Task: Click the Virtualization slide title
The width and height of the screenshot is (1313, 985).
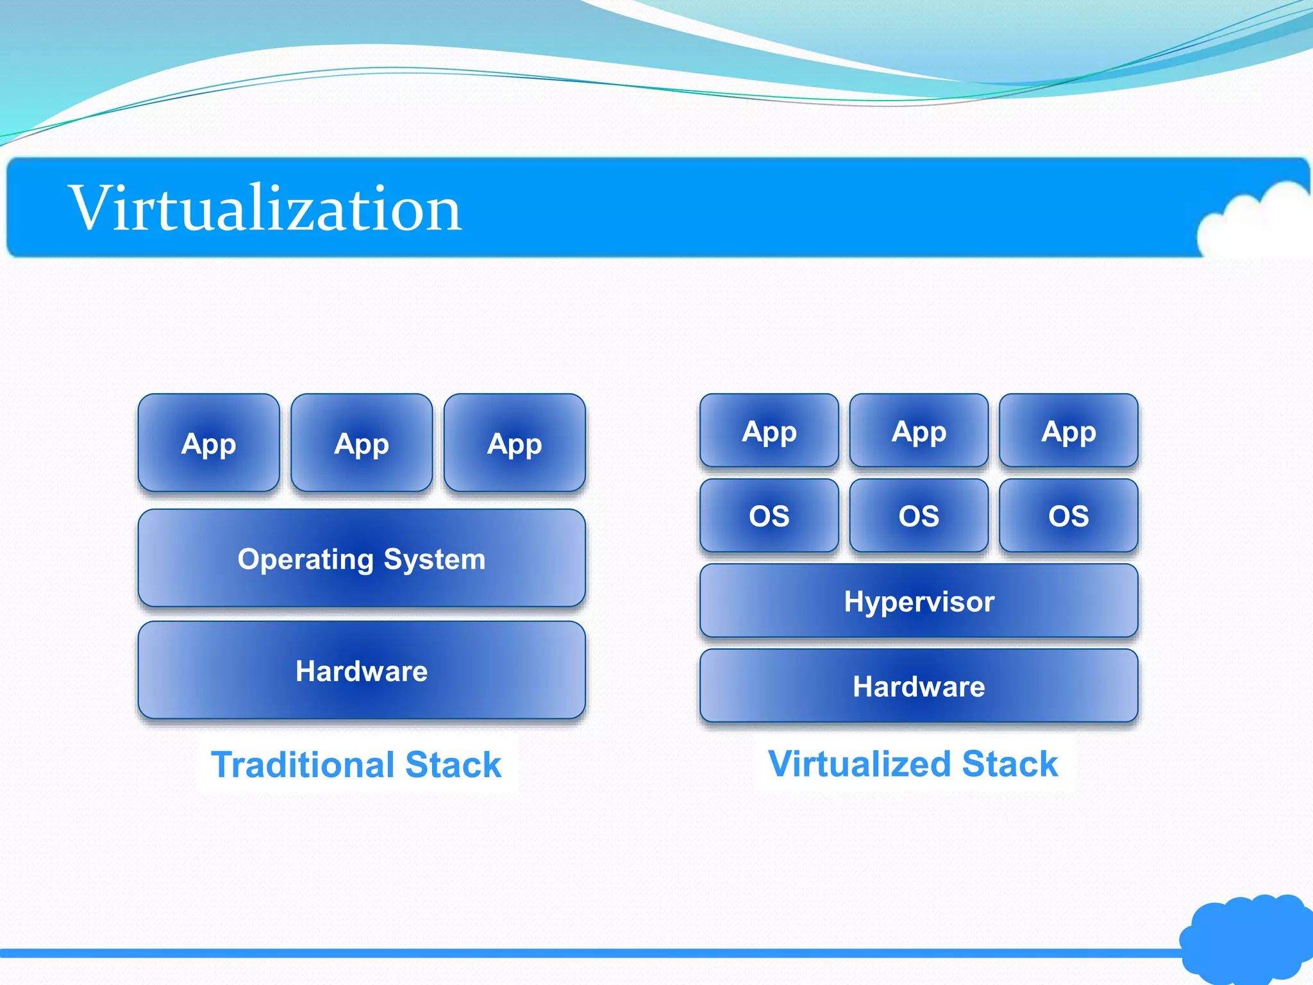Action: [x=265, y=208]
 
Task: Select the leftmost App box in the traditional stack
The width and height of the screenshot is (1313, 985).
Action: [x=208, y=443]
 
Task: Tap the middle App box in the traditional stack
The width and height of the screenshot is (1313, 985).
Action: [x=362, y=443]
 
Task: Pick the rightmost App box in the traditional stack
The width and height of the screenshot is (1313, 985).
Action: [x=514, y=443]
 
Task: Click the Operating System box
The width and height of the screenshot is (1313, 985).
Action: [x=362, y=559]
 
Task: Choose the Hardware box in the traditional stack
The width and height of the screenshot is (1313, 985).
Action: [x=362, y=671]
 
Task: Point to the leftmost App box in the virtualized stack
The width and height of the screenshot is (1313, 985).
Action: [x=769, y=431]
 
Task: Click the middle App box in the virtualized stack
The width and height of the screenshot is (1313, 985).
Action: [x=919, y=431]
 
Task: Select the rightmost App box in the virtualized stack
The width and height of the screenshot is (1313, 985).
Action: [x=1069, y=431]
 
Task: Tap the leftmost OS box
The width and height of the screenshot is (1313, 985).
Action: [x=769, y=516]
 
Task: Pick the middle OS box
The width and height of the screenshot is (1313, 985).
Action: [x=919, y=516]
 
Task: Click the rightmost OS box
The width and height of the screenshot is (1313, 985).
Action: [x=1069, y=516]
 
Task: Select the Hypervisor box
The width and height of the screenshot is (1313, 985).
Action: [x=919, y=602]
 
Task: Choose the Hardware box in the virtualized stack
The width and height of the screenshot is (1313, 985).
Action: [x=919, y=686]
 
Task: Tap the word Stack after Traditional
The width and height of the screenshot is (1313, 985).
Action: [x=453, y=764]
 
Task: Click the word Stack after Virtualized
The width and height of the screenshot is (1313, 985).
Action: [x=1010, y=764]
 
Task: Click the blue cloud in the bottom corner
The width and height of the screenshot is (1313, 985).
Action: [x=1247, y=939]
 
